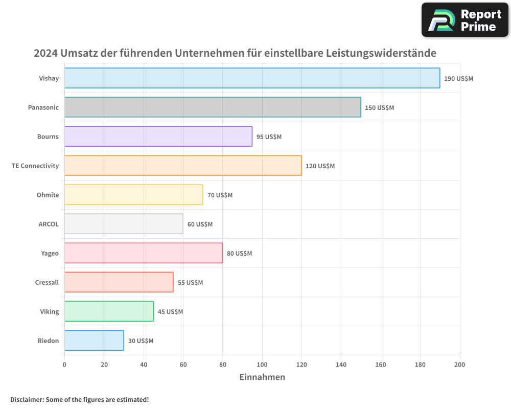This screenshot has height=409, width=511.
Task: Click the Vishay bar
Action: click(x=252, y=78)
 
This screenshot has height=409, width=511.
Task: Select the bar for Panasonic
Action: click(x=213, y=107)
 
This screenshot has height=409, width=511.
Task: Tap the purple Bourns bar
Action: click(x=158, y=137)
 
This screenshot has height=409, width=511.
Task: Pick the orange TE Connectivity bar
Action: click(x=183, y=166)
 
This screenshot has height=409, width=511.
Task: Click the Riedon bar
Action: click(x=94, y=340)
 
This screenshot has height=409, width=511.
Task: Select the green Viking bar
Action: click(x=109, y=311)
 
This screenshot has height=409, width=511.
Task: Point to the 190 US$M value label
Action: click(x=458, y=79)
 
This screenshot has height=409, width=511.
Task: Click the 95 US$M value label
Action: click(x=269, y=137)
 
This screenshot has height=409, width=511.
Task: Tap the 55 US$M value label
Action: click(x=190, y=283)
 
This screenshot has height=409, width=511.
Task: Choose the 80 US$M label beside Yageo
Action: click(x=239, y=254)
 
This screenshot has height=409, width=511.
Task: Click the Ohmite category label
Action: click(x=48, y=195)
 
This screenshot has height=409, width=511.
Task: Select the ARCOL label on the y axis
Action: click(x=49, y=224)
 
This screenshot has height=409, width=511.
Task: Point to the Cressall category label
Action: click(x=47, y=283)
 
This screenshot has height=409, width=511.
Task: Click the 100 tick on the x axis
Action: click(x=262, y=365)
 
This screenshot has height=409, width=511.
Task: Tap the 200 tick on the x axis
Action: click(x=459, y=365)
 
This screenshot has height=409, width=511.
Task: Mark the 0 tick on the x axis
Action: click(x=64, y=365)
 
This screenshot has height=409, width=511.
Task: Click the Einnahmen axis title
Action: click(x=262, y=377)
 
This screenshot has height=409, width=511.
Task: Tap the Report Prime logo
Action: click(x=464, y=20)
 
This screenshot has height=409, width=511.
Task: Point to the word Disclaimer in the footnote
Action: click(x=26, y=399)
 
